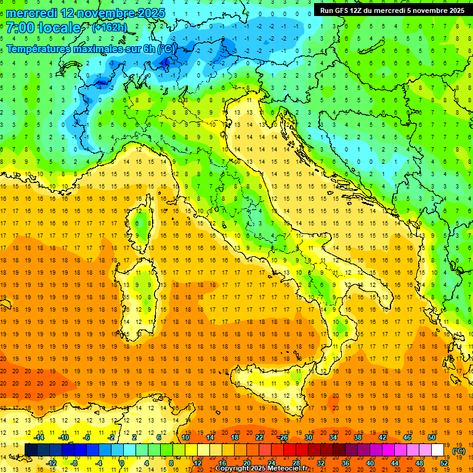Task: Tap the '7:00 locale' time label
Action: (x=43, y=28)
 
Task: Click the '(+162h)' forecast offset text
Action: (x=109, y=27)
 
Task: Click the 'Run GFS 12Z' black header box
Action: (x=392, y=10)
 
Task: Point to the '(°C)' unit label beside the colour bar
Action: (x=459, y=451)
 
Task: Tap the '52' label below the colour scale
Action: (x=444, y=463)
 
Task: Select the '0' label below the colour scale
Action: (x=122, y=463)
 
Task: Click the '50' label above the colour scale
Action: (x=432, y=437)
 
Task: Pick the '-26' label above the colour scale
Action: (x=283, y=437)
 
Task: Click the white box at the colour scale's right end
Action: (x=437, y=450)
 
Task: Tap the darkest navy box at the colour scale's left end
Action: (x=31, y=450)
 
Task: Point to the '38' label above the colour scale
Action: (x=357, y=437)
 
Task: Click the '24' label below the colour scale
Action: (x=271, y=463)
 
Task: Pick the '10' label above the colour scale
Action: (x=185, y=437)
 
